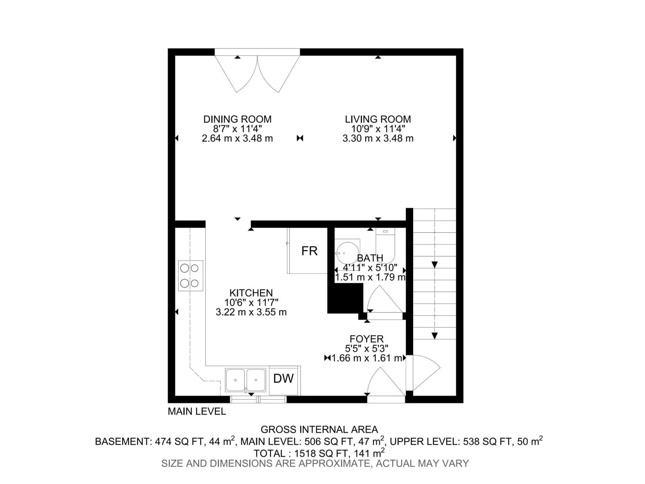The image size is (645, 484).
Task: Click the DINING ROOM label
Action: (x=237, y=119)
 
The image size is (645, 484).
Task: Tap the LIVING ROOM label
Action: (x=378, y=119)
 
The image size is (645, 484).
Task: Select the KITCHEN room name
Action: (x=251, y=293)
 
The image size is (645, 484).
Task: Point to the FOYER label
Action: (x=366, y=339)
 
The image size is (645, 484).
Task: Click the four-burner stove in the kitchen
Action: (x=190, y=275)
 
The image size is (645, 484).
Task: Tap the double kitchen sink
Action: (x=246, y=380)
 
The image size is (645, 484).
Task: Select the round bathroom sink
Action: (x=348, y=253)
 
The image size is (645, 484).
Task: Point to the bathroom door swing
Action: (x=385, y=299)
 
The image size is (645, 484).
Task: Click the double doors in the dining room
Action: (x=258, y=74)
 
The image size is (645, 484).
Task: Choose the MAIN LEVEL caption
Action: (x=197, y=411)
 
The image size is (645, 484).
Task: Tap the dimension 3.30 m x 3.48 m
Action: (x=378, y=138)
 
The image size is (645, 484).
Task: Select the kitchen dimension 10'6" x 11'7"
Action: (x=251, y=302)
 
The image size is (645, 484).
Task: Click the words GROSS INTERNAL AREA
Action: (x=319, y=429)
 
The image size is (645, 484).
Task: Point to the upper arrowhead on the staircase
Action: (x=434, y=265)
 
